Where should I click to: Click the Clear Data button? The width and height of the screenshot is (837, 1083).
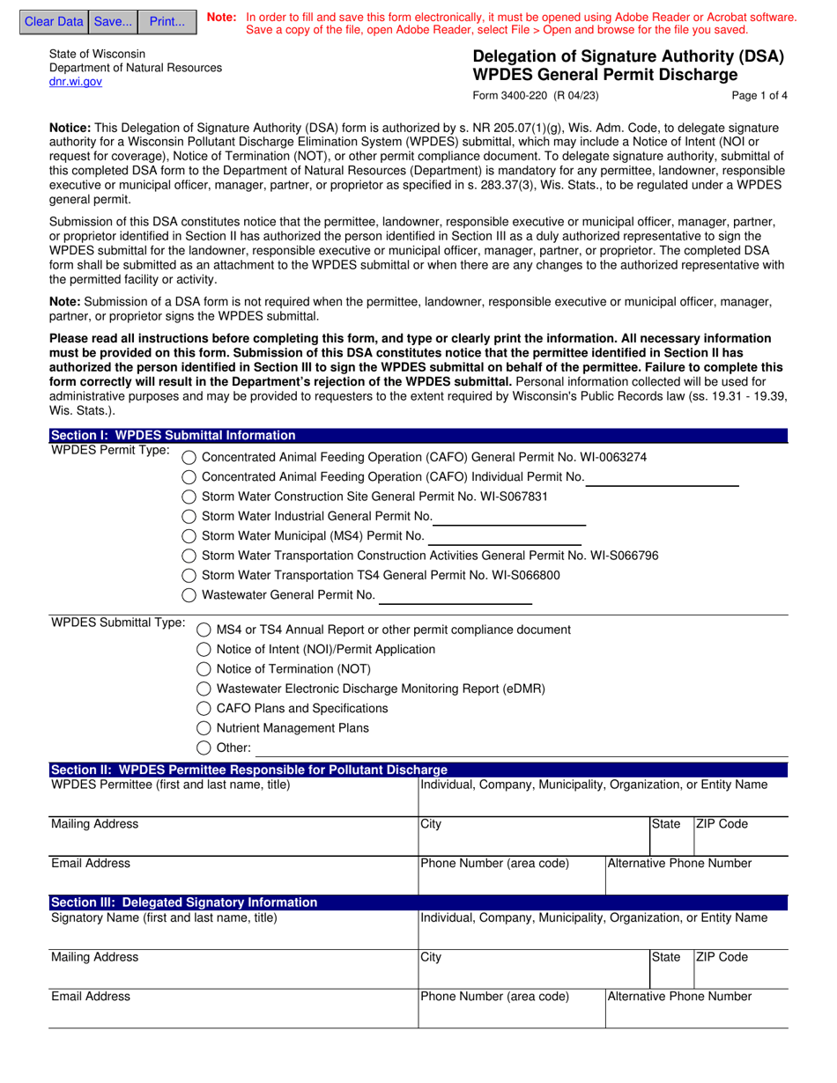[54, 22]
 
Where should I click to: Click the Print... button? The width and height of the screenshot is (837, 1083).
[167, 22]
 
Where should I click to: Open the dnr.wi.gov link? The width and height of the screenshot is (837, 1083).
[76, 82]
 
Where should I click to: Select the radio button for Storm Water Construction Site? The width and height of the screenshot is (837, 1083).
[189, 497]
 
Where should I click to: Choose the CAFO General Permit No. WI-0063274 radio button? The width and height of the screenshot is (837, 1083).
[189, 458]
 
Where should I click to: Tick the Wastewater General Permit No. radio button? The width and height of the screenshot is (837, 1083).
[189, 595]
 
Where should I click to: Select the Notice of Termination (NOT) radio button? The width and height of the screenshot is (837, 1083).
[204, 669]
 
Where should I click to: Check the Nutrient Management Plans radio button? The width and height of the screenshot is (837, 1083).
[204, 729]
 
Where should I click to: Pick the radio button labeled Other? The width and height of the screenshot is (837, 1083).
[204, 748]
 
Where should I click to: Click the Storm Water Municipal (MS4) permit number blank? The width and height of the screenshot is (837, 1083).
[505, 536]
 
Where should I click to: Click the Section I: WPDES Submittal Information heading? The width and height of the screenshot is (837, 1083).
[174, 435]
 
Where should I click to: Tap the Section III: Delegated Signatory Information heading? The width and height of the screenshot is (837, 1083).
[184, 902]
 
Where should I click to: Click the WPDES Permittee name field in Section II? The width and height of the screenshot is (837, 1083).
[233, 801]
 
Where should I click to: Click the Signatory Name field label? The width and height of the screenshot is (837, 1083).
[164, 917]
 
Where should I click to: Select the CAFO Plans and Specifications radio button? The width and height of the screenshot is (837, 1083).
[204, 709]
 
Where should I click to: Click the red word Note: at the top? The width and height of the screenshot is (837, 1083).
[221, 18]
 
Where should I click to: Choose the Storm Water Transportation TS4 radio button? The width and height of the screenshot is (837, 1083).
[189, 576]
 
